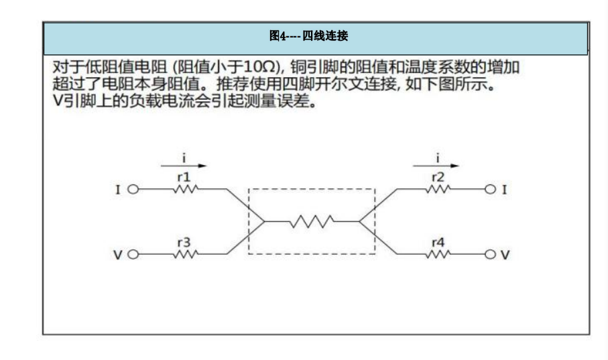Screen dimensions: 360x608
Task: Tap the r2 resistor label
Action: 438,177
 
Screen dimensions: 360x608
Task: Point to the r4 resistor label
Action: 438,243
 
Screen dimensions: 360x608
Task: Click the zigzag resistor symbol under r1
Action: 185,189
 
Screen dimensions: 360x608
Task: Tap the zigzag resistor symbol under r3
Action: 185,254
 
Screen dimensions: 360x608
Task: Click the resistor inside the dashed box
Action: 312,221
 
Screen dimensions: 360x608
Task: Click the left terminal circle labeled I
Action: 132,189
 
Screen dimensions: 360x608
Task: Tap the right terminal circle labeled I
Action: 491,189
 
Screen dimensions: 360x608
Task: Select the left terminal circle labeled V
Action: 132,254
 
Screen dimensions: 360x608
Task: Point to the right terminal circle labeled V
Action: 491,254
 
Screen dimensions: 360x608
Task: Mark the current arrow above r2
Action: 438,165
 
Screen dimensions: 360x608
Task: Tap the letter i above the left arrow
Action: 184,157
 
